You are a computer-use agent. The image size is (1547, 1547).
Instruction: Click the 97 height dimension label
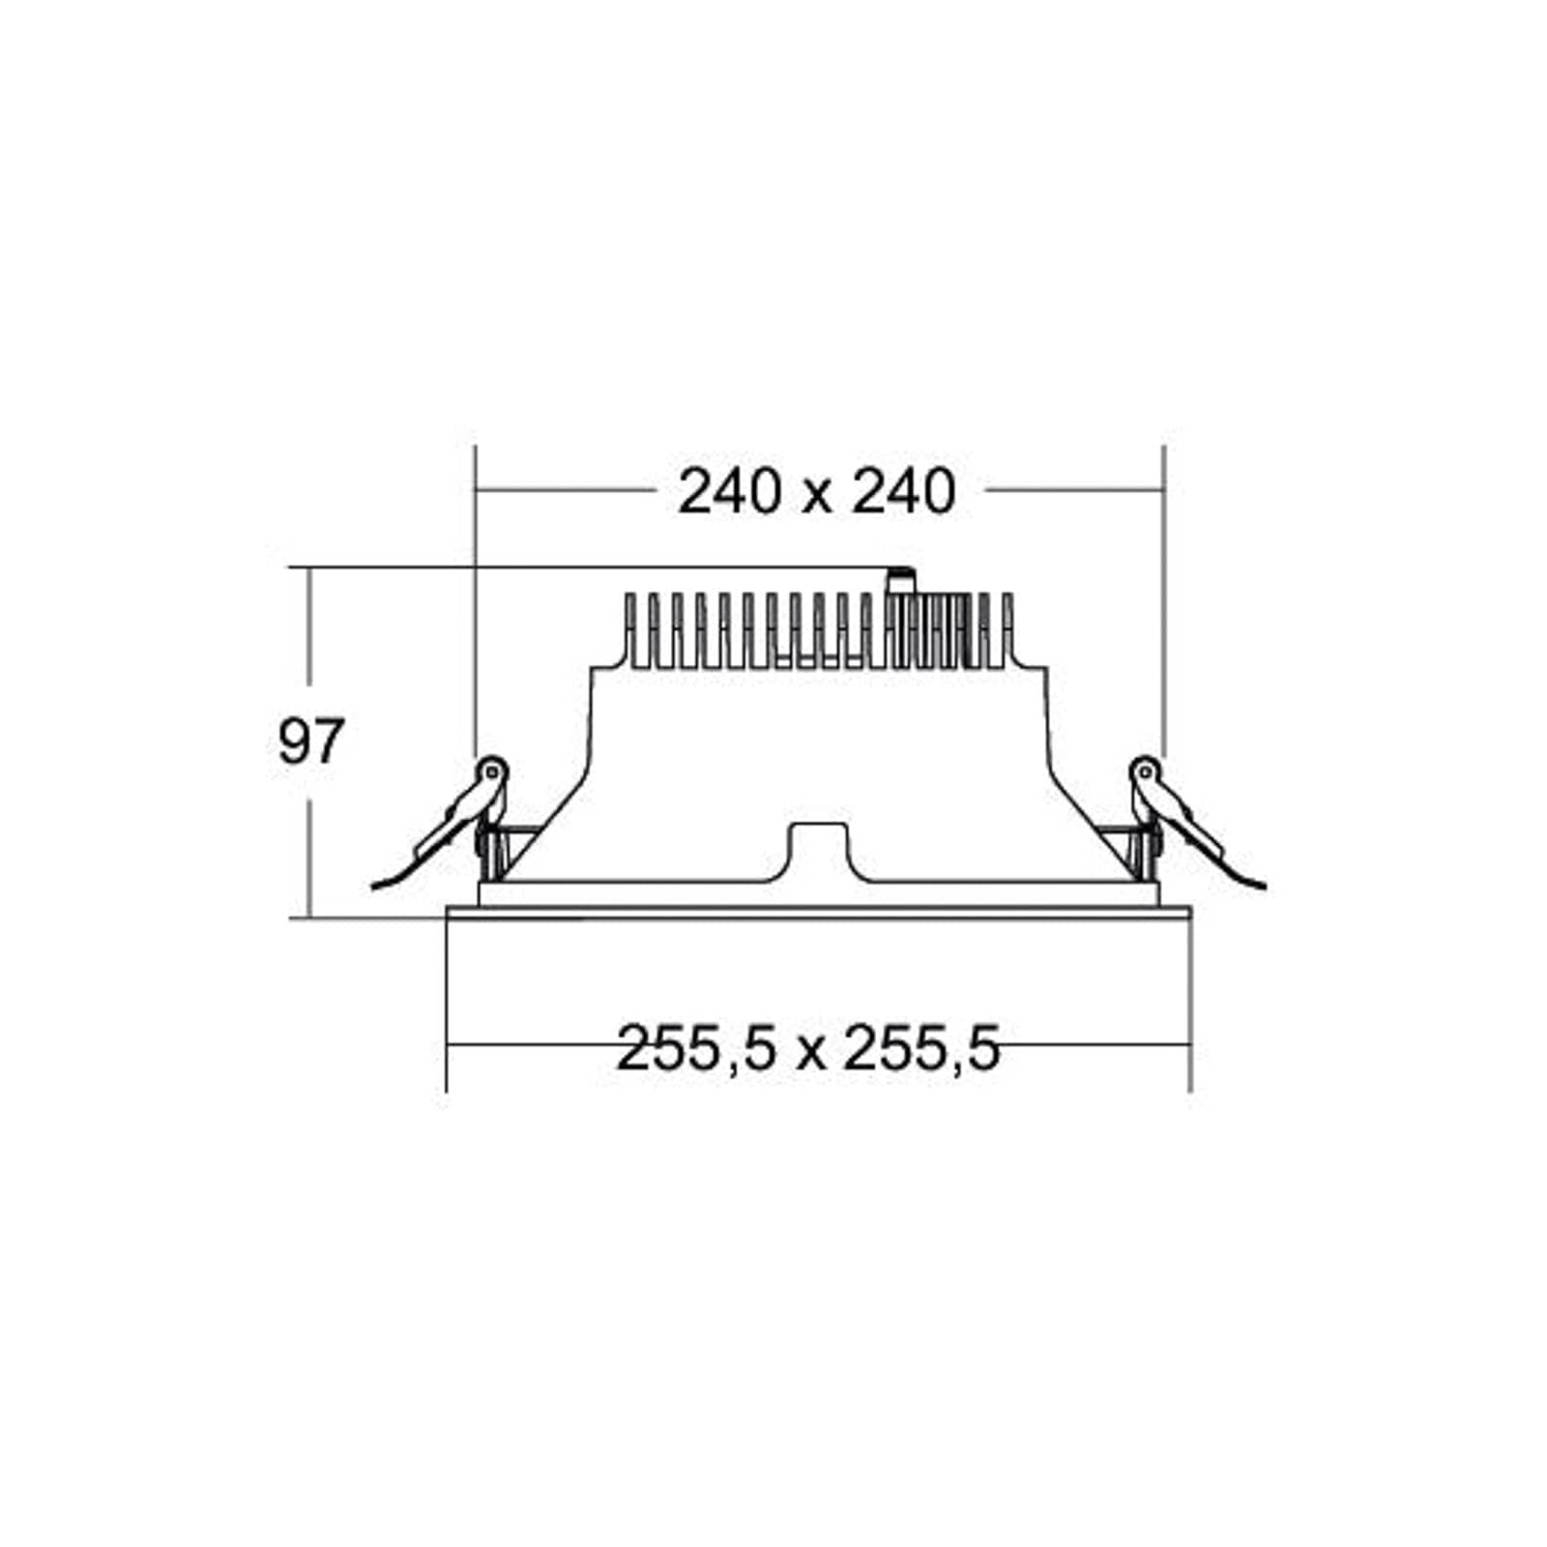tap(310, 743)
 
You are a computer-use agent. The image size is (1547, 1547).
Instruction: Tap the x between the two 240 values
tap(817, 497)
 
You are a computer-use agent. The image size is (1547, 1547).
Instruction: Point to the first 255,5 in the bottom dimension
tap(696, 1049)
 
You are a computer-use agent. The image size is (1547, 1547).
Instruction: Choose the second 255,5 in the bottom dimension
tap(921, 1049)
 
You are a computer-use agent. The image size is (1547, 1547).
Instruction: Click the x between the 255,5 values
tap(810, 1054)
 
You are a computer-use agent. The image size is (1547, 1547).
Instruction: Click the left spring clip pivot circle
tap(493, 771)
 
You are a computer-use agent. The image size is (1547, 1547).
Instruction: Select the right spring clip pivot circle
tap(1146, 771)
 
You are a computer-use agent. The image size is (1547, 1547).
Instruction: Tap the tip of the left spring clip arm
tap(373, 886)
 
